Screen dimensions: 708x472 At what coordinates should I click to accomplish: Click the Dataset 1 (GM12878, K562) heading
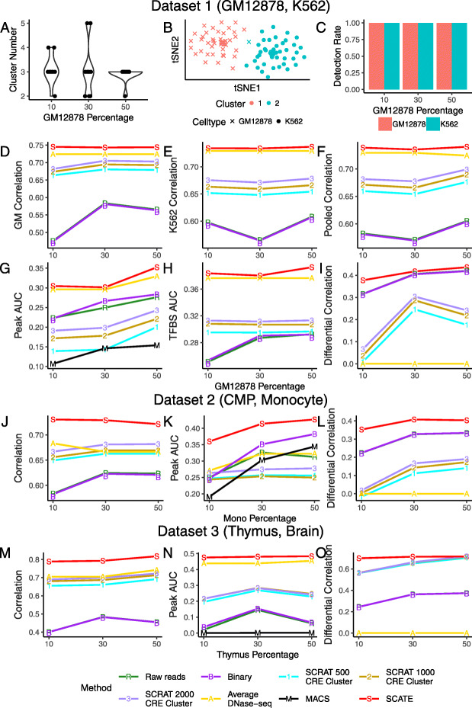tap(236, 9)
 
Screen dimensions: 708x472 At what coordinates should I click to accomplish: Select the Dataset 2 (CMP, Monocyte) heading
tap(236, 397)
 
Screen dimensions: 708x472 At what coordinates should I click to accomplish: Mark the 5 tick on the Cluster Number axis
tap(23, 24)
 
